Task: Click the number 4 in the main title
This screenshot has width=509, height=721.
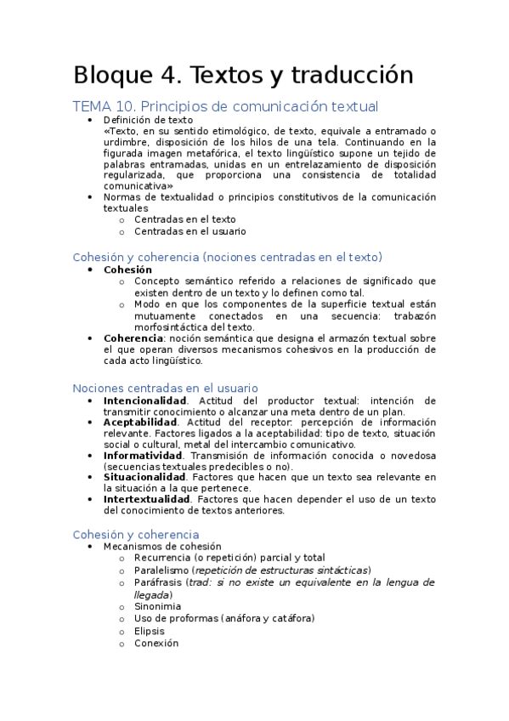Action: click(x=167, y=76)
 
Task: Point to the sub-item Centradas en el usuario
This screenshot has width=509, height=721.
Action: click(x=190, y=230)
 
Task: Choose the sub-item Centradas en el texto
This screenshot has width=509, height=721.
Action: click(x=185, y=219)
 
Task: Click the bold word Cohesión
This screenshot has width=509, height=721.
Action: click(x=127, y=270)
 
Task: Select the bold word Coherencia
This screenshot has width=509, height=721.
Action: click(x=133, y=338)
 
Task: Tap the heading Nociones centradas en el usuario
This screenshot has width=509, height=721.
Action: click(x=165, y=388)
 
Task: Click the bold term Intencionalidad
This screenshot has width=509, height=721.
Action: click(x=144, y=400)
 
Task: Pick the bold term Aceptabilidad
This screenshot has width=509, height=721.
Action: click(x=140, y=422)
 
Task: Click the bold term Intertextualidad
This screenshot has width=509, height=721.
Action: click(x=146, y=499)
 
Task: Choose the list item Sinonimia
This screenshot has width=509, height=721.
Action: click(x=157, y=606)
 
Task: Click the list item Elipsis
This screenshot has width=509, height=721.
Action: click(x=150, y=631)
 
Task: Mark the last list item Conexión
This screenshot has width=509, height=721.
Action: click(x=156, y=644)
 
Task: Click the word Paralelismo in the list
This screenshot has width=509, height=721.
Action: click(x=161, y=570)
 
